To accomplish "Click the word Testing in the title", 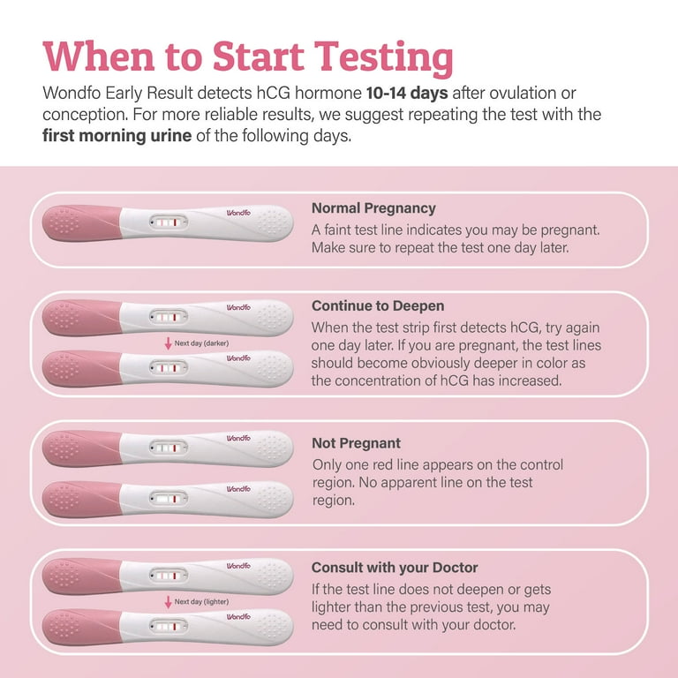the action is click(383, 58).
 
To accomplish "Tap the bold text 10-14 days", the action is click(407, 93).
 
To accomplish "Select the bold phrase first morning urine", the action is click(117, 136).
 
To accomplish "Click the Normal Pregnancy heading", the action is click(373, 208).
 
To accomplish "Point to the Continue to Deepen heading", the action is click(378, 305).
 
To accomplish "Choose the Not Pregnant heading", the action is click(357, 443).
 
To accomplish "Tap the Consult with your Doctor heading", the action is click(395, 568).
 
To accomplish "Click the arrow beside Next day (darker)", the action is click(169, 343).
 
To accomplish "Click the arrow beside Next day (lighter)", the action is click(169, 602).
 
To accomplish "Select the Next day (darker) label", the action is click(201, 343).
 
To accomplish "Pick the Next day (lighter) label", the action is click(201, 601).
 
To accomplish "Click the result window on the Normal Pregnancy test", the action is click(169, 222).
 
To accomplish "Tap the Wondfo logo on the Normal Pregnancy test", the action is click(238, 213).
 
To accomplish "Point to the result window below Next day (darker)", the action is click(169, 368).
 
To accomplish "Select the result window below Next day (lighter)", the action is click(169, 626).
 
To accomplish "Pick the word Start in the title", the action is click(259, 56).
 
